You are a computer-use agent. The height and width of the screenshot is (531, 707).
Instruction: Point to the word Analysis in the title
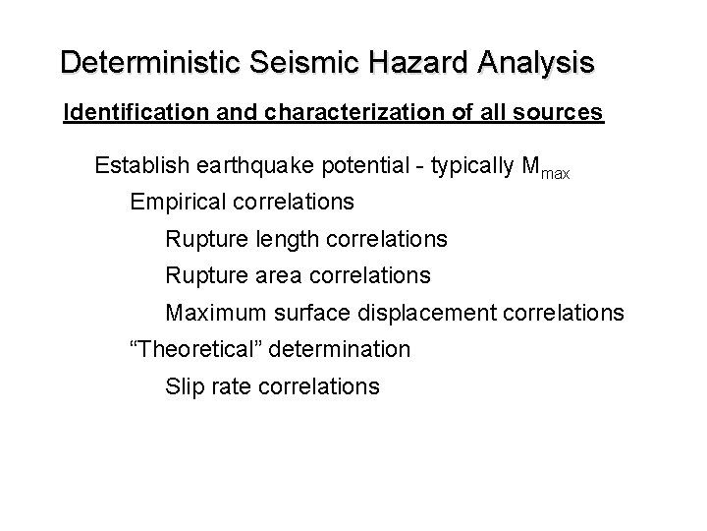click(536, 63)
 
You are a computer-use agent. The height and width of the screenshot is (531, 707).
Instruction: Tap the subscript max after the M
click(552, 172)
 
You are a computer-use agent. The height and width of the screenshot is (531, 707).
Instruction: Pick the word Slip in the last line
click(185, 386)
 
